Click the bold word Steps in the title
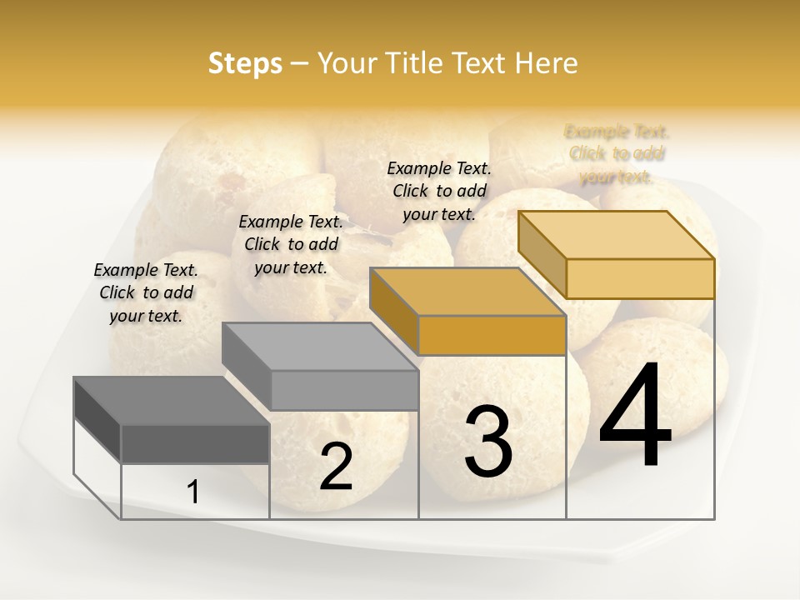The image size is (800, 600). coord(244,63)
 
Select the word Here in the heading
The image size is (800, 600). coord(546,63)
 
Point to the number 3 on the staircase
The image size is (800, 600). coord(488,441)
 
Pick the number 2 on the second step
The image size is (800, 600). coord(336,467)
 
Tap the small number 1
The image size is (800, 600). coord(193,492)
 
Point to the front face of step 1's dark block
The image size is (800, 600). coord(195,443)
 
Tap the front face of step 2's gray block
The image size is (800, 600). coord(344,390)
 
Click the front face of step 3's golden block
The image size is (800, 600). coord(492,336)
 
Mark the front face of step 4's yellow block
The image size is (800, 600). coord(640,278)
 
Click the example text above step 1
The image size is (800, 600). coord(146,292)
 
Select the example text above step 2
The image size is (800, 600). coord(291,244)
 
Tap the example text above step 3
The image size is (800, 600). coord(439,191)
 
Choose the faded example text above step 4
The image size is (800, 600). coord(617,154)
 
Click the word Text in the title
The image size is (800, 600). coord(488,63)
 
